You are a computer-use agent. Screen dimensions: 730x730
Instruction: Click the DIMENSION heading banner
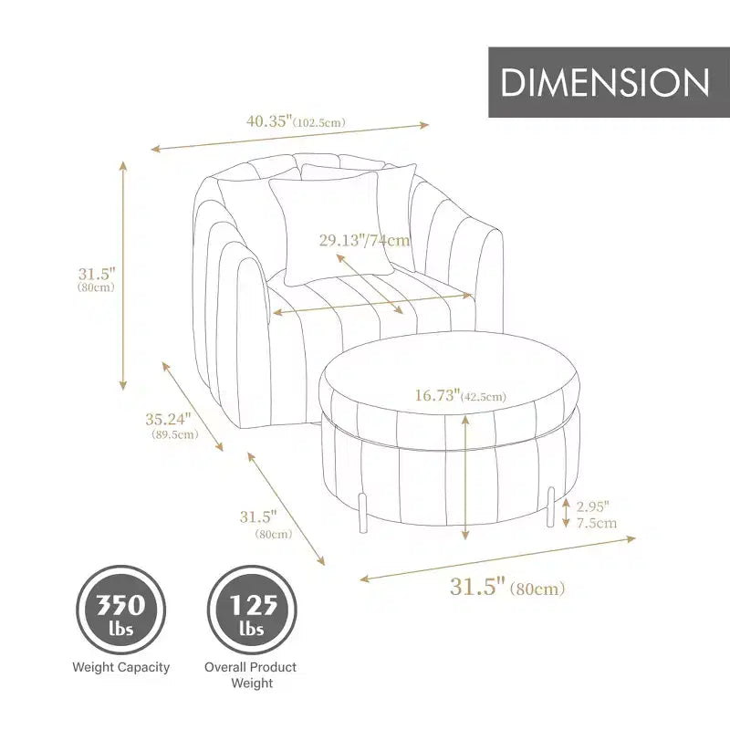[609, 82]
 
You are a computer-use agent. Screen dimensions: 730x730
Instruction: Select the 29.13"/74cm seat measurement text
[364, 240]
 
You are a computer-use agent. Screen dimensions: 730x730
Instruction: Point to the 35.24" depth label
[169, 419]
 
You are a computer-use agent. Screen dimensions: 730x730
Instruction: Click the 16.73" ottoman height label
[437, 395]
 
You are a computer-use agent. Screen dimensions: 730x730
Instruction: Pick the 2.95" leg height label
[592, 506]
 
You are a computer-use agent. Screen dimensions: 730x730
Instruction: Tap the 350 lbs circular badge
[121, 610]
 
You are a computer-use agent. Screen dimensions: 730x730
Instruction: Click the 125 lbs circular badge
[252, 610]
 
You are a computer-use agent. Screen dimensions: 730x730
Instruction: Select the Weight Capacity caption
[121, 667]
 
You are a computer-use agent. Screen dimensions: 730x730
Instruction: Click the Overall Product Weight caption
[251, 675]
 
